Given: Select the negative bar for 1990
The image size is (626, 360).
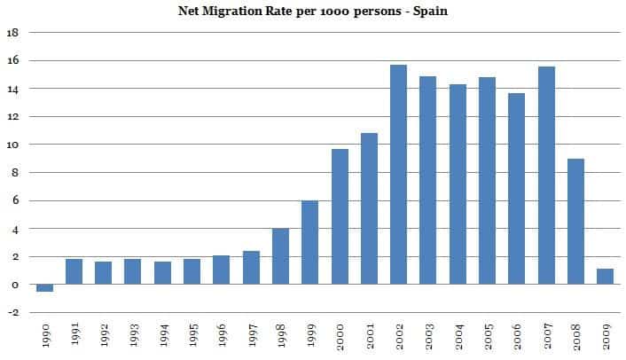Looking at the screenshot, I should coord(44,288).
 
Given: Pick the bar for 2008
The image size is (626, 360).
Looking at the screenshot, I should coord(576,222).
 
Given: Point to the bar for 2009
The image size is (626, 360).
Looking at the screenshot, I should coord(606,277).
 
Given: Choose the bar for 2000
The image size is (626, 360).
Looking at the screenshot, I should coord(340,216).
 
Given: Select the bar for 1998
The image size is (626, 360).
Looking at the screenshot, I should coord(281,256).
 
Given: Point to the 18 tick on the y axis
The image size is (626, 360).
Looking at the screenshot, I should coord(12,33).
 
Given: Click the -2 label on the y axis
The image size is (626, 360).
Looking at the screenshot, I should coord(12,313).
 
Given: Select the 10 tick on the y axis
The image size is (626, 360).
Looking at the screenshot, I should coord(12,145).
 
